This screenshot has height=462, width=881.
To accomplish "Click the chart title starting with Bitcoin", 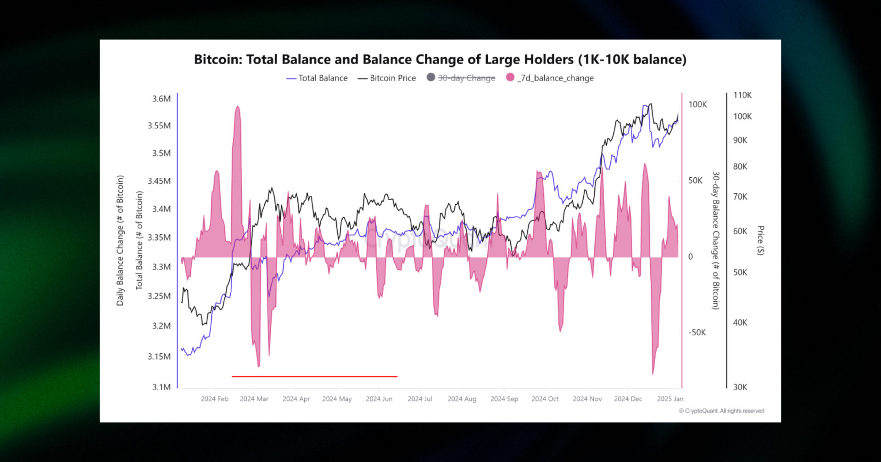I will click(440, 60).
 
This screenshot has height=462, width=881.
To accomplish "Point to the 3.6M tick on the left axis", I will click(162, 99).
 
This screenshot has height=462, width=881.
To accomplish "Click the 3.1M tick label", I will click(162, 387).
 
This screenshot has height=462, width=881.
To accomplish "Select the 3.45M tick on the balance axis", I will click(159, 181).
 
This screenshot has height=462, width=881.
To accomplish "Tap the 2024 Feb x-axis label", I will click(214, 399).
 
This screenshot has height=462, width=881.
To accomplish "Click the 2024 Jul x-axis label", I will click(420, 399).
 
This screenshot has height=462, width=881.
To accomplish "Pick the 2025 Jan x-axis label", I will click(670, 399).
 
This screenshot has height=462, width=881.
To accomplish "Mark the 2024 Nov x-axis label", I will click(587, 399).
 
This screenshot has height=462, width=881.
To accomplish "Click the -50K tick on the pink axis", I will click(697, 333).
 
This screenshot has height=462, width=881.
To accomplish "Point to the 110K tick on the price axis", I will click(742, 95).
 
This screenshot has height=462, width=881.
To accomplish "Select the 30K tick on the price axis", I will click(740, 387).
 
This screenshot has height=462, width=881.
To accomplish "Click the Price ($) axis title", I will click(760, 241).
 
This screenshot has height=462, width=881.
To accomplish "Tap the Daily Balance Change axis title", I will click(120, 241).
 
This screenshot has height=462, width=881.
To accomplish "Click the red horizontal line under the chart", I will click(314, 376).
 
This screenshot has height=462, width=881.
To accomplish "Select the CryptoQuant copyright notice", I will click(722, 411).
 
